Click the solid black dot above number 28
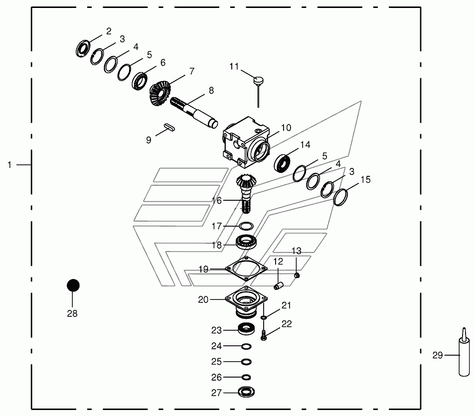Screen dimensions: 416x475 click(73, 285)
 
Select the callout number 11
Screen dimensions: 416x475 click(234, 66)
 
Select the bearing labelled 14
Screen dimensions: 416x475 click(284, 162)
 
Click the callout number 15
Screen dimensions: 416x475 click(365, 179)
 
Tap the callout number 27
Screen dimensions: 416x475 click(216, 393)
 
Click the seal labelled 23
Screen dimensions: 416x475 click(245, 329)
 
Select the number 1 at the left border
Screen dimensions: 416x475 click(9, 164)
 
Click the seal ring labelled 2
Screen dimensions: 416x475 click(83, 48)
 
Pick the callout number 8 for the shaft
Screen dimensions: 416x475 click(211, 91)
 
